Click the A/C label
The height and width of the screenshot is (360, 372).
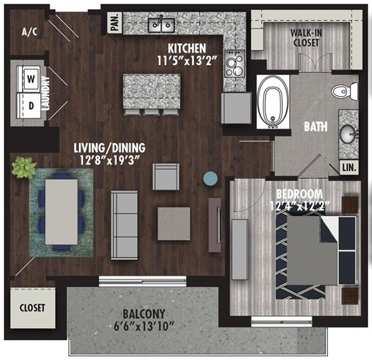point(29,32)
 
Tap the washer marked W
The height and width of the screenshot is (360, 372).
point(33,78)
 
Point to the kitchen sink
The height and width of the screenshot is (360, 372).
point(163,25)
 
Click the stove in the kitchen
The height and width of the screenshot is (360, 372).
point(233,64)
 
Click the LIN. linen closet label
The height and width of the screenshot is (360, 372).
point(349,167)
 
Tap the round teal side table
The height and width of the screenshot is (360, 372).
point(211,179)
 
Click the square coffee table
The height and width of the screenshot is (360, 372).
point(173,223)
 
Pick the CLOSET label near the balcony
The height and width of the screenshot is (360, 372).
point(33,307)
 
